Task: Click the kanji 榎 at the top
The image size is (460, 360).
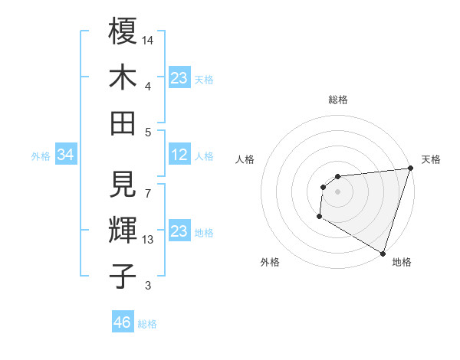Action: (123, 31)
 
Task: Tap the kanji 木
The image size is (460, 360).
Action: (123, 77)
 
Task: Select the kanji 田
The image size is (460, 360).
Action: (123, 123)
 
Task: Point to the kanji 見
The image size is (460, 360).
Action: (123, 184)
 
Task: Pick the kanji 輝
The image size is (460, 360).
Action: (123, 230)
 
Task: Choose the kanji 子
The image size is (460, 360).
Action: (123, 276)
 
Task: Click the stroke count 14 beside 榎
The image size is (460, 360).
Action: (149, 40)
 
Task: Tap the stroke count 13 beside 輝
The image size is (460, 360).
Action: (149, 240)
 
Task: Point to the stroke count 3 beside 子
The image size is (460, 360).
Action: (149, 286)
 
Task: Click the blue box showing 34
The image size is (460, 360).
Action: (65, 155)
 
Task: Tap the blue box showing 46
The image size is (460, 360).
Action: (122, 322)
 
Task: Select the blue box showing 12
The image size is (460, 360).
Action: (179, 155)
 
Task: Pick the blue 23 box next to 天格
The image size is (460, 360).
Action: (179, 78)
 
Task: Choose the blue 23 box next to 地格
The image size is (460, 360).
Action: (179, 231)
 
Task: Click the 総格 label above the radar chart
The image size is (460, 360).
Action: (337, 100)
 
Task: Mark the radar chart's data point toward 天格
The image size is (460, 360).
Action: (410, 169)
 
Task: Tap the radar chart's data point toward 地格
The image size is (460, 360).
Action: (383, 254)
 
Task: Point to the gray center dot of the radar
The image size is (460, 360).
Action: (337, 191)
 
